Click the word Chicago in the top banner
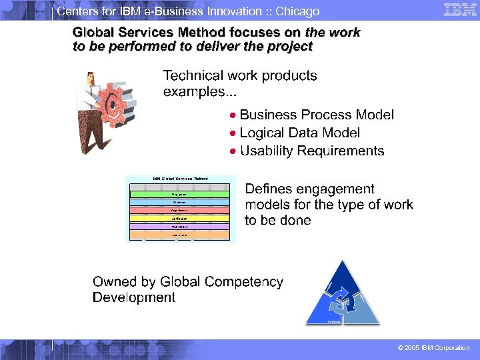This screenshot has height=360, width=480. point(297,11)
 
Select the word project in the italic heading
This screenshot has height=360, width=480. point(291,47)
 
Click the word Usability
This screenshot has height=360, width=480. point(266,151)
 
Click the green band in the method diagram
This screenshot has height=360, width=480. point(180,194)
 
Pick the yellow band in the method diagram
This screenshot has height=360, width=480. point(180,218)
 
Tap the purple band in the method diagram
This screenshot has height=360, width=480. point(180,227)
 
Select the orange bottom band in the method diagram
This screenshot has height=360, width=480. point(180,235)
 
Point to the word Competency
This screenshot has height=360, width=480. point(246,282)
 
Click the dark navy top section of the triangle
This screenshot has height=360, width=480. point(341,276)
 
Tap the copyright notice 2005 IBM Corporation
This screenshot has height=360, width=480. point(433,348)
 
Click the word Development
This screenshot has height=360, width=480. point(134,297)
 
